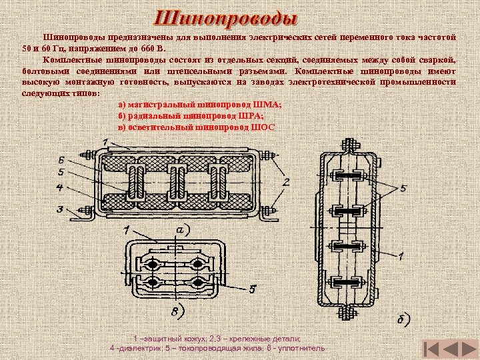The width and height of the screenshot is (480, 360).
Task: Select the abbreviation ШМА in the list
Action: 271,105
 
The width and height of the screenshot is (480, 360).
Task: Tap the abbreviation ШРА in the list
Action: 262,116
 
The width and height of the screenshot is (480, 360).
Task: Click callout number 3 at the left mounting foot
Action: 60,209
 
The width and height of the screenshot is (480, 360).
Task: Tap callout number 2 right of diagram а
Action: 285,181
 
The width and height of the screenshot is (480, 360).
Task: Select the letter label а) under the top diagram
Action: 182,229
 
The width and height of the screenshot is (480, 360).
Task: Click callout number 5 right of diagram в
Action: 253,289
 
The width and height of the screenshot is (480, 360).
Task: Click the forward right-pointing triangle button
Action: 465,349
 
